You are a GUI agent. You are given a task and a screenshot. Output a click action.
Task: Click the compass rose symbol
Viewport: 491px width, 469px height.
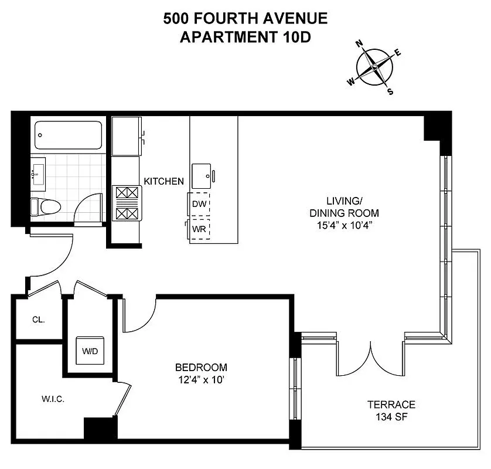(374, 68)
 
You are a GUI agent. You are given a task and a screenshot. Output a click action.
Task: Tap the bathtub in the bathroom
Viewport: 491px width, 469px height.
(68, 135)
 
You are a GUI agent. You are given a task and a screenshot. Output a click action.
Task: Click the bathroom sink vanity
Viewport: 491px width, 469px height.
(38, 174)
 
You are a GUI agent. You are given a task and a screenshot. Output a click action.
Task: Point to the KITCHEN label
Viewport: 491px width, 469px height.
(164, 182)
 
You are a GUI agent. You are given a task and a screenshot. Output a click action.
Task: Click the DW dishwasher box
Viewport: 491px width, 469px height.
(199, 204)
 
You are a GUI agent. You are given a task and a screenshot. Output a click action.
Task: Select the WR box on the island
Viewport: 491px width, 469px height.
(199, 229)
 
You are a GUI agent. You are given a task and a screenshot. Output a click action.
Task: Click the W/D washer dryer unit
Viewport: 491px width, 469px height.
(90, 352)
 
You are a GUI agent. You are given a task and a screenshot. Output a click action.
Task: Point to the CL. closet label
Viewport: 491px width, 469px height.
(39, 320)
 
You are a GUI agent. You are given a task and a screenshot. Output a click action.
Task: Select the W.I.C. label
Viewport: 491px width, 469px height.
(53, 399)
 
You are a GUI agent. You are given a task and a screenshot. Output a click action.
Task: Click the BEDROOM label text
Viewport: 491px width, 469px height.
(201, 368)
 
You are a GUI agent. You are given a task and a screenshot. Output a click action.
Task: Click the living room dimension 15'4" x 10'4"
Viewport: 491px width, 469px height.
(344, 225)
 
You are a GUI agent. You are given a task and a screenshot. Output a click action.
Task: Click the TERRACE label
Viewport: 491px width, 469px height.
(391, 405)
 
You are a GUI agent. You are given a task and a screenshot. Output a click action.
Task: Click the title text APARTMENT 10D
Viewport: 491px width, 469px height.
(245, 37)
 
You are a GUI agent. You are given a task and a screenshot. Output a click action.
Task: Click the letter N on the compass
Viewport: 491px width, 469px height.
(360, 44)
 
